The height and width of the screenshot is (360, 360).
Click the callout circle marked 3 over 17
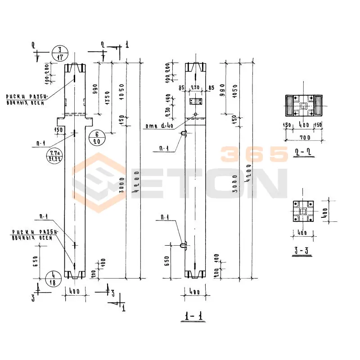60,53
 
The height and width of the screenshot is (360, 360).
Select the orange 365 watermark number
254,155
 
